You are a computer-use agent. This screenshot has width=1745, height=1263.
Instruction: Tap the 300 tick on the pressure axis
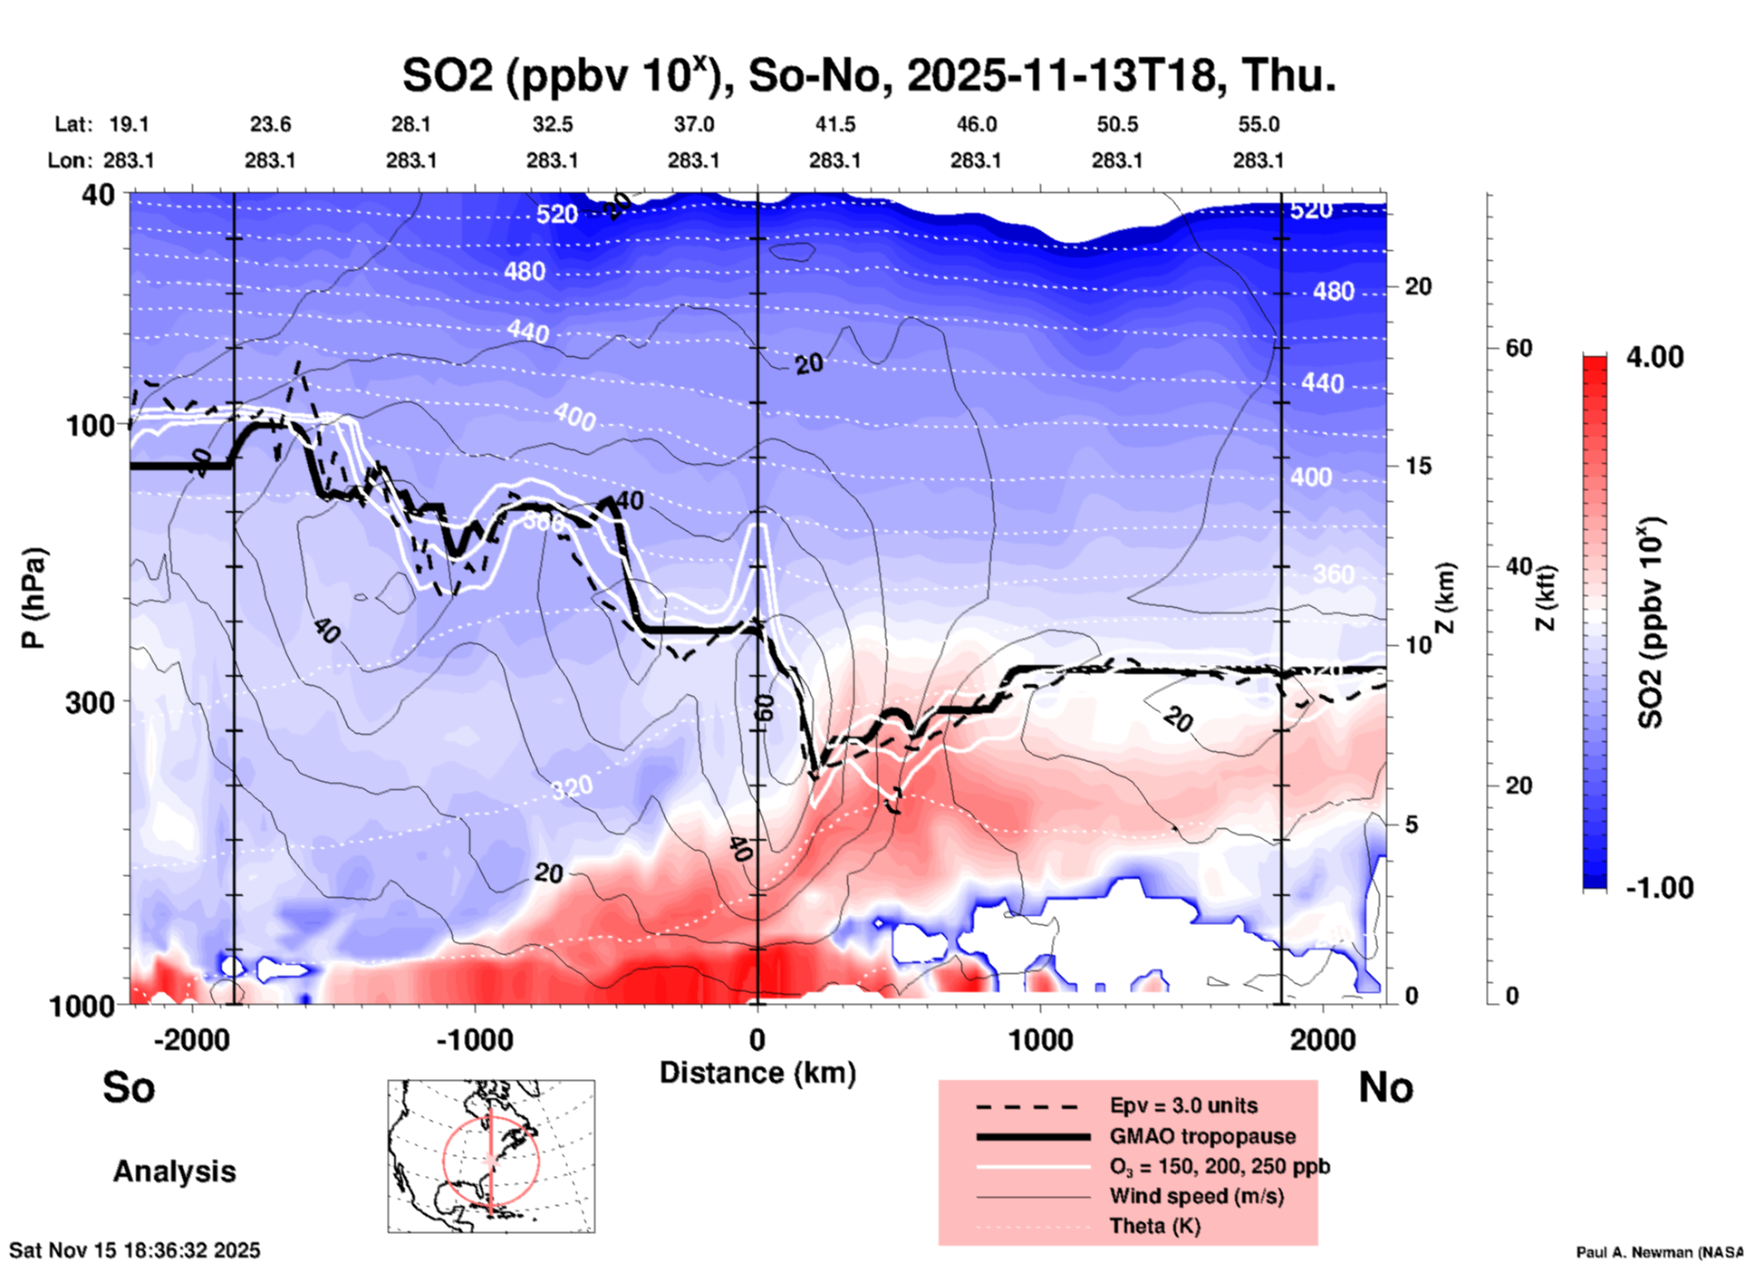(x=90, y=702)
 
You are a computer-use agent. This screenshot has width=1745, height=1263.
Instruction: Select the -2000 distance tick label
(x=191, y=1039)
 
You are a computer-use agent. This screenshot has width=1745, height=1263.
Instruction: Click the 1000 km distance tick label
(x=1040, y=1039)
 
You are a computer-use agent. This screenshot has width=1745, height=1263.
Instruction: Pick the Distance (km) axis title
(x=757, y=1073)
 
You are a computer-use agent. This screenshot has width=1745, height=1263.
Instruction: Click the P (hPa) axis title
(x=34, y=598)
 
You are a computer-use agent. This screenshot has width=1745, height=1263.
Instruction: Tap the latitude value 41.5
(x=834, y=124)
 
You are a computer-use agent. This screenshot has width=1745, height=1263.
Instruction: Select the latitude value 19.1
(x=129, y=124)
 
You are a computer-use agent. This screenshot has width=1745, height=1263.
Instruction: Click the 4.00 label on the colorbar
(x=1654, y=357)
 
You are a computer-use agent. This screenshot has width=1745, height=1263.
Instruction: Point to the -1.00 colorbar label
(x=1659, y=888)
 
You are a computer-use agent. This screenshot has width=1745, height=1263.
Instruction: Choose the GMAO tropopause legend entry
(x=1202, y=1136)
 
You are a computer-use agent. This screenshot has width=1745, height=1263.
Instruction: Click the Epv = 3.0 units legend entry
(x=1183, y=1105)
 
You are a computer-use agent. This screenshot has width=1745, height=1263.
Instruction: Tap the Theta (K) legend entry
(x=1154, y=1226)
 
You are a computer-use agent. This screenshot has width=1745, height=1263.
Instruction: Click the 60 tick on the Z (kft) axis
(x=1518, y=348)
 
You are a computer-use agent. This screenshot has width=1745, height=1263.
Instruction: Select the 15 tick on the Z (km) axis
(x=1418, y=466)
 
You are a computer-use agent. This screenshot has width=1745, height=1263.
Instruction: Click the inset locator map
(x=491, y=1155)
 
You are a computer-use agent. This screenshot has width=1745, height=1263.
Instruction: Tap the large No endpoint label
(x=1385, y=1087)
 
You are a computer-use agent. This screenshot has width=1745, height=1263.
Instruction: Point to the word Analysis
(x=174, y=1171)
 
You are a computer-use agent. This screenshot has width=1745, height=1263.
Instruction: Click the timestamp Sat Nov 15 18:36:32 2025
(x=135, y=1250)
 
